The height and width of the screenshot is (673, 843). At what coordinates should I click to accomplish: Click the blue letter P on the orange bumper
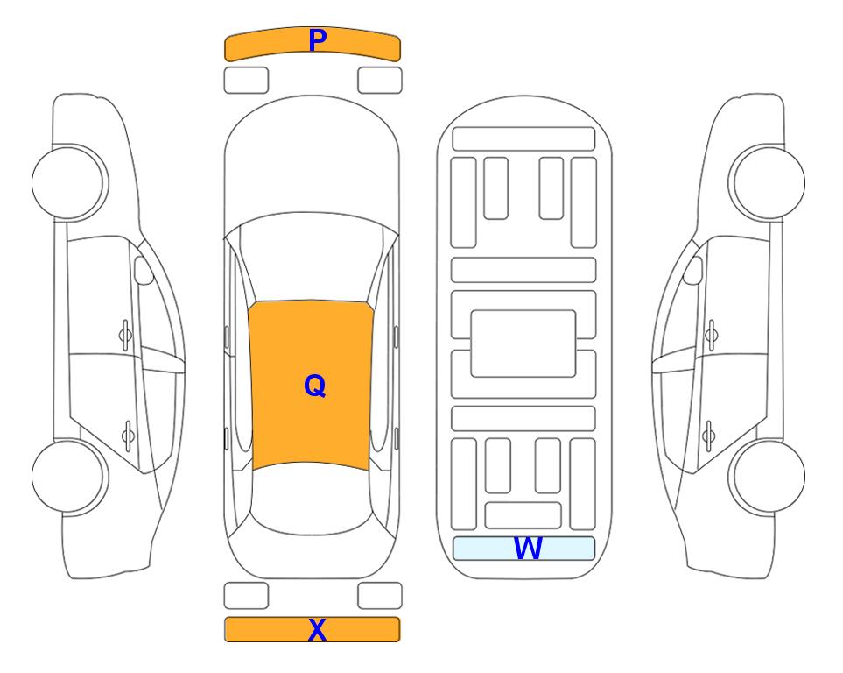[317, 40]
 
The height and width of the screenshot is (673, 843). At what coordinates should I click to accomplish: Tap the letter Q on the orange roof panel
[315, 386]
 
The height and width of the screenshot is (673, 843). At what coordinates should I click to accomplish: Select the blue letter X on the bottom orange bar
[317, 629]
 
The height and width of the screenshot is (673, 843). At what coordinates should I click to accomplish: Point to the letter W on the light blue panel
[528, 548]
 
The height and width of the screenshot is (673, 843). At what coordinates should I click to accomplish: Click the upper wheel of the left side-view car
[70, 182]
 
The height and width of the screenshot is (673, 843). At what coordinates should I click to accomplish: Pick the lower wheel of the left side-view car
[70, 476]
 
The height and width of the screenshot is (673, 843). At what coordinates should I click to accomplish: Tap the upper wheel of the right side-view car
[767, 182]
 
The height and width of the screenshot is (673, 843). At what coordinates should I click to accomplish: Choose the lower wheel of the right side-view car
[767, 476]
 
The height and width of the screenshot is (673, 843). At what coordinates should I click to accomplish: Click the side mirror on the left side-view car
[143, 270]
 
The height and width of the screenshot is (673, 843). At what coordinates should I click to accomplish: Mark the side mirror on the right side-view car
[693, 270]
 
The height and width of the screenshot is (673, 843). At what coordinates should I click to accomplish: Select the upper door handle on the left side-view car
[125, 336]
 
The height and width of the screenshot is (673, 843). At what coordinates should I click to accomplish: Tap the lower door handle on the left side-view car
[128, 435]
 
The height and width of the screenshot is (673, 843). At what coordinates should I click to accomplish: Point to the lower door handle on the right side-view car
[709, 435]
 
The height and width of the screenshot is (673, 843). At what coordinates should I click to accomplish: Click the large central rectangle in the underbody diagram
[523, 344]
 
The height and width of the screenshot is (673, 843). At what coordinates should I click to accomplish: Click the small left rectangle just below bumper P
[246, 81]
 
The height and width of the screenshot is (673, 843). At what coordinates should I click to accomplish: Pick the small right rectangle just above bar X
[380, 596]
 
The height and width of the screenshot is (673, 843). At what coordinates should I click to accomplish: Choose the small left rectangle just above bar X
[246, 596]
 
